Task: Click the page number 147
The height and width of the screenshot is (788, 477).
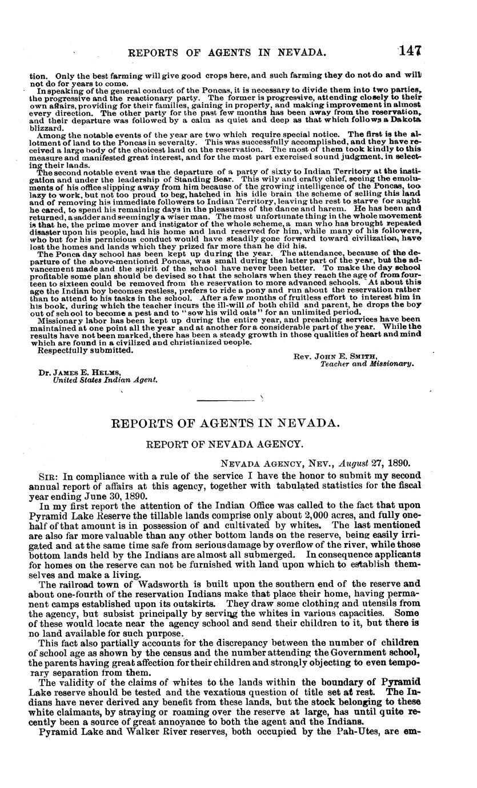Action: tap(410, 51)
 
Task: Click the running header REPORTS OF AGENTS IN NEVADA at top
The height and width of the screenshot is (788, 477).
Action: tap(227, 53)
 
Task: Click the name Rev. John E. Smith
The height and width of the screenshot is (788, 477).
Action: tap(327, 356)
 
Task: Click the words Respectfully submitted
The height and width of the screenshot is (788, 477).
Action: tap(85, 350)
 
